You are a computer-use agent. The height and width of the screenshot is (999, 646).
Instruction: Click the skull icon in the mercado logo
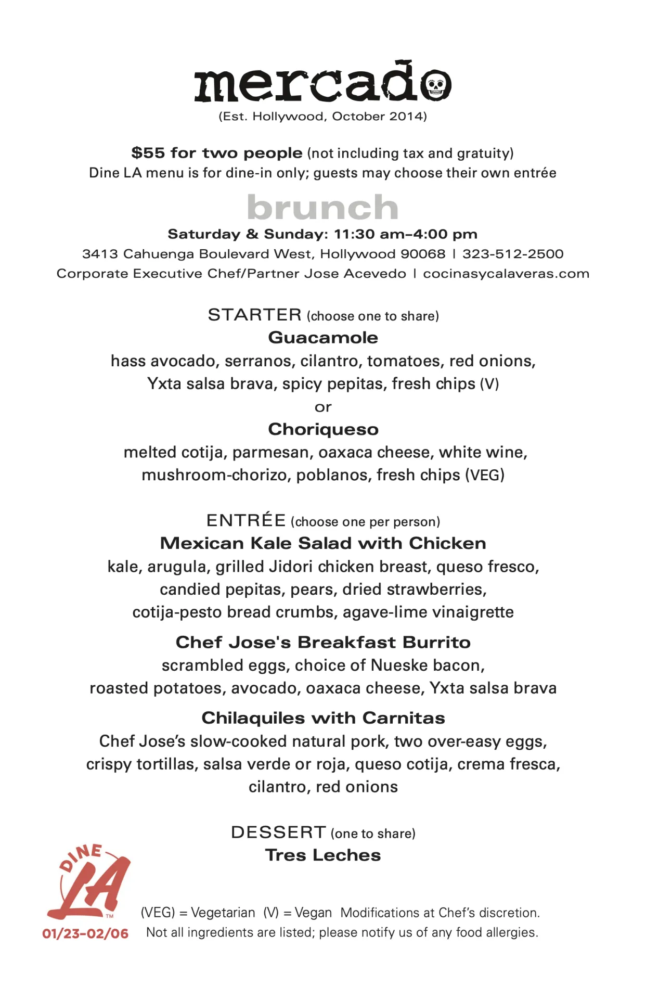pyautogui.click(x=436, y=85)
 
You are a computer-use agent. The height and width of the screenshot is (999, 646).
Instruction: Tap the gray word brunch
pyautogui.click(x=322, y=208)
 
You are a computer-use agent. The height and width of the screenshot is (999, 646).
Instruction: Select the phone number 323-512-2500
pyautogui.click(x=513, y=254)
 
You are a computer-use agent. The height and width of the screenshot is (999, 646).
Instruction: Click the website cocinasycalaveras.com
pyautogui.click(x=506, y=274)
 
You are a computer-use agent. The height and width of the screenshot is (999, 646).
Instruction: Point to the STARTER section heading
pyautogui.click(x=255, y=315)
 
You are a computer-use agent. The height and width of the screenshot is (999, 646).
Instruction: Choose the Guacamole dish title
pyautogui.click(x=323, y=338)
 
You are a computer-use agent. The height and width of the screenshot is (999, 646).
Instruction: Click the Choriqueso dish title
pyautogui.click(x=323, y=429)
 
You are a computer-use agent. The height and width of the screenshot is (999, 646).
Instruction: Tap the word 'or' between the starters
pyautogui.click(x=323, y=407)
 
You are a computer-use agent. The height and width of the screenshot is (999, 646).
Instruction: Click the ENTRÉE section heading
pyautogui.click(x=246, y=520)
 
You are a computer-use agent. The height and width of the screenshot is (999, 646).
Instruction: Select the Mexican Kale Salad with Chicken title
pyautogui.click(x=323, y=543)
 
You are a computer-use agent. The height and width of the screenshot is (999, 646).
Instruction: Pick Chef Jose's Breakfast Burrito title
pyautogui.click(x=323, y=642)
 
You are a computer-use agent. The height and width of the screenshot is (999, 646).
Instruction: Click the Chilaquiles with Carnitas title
pyautogui.click(x=323, y=718)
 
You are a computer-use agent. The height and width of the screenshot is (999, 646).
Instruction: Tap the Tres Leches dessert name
pyautogui.click(x=323, y=855)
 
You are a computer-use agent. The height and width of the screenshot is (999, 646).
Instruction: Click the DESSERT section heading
pyautogui.click(x=278, y=832)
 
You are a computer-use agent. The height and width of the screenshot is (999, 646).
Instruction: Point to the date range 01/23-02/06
pyautogui.click(x=85, y=933)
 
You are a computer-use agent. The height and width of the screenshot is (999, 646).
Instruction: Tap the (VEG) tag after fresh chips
pyautogui.click(x=485, y=475)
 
